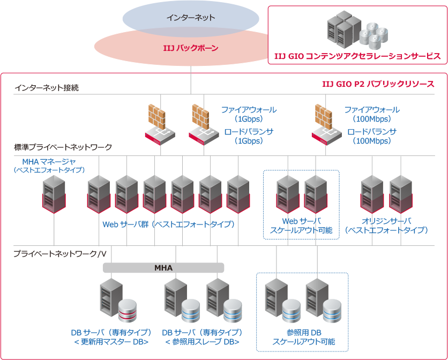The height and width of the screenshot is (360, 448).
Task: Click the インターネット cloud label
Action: [x=190, y=18]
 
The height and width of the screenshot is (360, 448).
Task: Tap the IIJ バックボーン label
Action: [x=191, y=48]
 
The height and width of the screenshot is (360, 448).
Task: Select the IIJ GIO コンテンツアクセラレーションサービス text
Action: [x=357, y=56]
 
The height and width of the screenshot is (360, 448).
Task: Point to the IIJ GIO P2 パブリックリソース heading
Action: [x=378, y=84]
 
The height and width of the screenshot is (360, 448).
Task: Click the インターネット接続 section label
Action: [x=47, y=87]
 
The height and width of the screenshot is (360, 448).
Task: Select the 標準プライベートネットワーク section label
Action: [x=63, y=146]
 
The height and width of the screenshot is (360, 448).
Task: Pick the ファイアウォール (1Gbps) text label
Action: [x=249, y=114]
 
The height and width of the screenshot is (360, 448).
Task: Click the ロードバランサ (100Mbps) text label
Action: [x=372, y=136]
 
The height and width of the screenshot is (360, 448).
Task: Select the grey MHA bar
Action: [x=163, y=267]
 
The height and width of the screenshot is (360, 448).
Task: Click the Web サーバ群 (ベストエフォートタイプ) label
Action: [x=168, y=224]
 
